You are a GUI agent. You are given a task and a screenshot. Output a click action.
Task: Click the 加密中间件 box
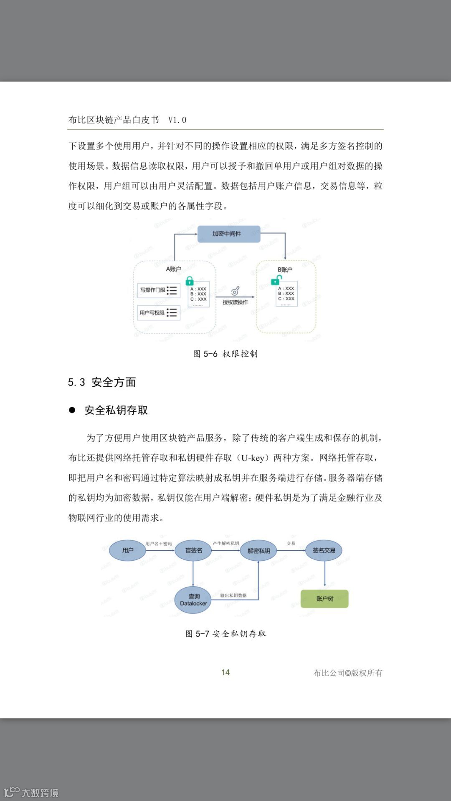tap(228, 234)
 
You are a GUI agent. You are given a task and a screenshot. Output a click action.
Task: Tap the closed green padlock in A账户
tap(190, 280)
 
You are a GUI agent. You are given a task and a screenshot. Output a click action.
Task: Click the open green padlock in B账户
tap(276, 280)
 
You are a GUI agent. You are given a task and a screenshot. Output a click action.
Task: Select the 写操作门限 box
tap(159, 290)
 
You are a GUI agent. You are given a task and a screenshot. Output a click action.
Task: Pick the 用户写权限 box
tap(159, 313)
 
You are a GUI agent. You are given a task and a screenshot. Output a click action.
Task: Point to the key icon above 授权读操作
tap(236, 290)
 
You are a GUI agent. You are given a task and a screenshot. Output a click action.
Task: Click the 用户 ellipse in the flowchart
tap(128, 550)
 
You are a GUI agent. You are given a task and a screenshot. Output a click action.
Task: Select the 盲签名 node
tap(193, 550)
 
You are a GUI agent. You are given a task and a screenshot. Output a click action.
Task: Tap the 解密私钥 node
tap(259, 551)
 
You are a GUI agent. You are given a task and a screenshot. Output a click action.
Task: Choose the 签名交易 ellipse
tap(324, 550)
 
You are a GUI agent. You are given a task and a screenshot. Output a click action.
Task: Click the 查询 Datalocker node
tap(193, 600)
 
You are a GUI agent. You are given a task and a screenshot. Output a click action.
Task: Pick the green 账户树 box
tap(324, 599)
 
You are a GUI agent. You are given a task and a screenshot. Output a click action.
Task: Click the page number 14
tap(225, 672)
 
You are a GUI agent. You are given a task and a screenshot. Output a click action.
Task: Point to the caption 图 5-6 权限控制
tap(225, 354)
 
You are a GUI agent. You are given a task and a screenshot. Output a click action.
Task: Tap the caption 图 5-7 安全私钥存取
tap(225, 634)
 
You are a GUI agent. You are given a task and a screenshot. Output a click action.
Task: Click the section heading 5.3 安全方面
tap(102, 382)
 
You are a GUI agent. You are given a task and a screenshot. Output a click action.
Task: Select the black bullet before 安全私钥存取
tap(72, 410)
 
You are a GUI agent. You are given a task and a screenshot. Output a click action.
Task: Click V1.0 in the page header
tap(177, 120)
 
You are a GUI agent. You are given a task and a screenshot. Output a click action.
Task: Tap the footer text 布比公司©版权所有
tap(348, 673)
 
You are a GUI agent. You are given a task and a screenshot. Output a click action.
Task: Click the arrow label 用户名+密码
tap(158, 544)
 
